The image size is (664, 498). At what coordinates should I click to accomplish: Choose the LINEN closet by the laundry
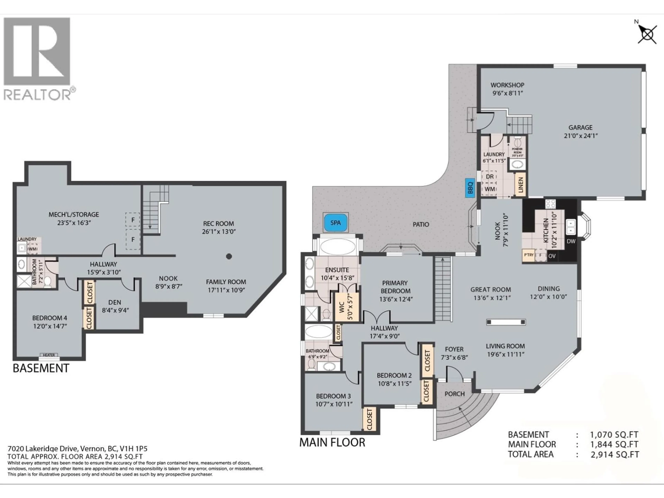coord(520,185)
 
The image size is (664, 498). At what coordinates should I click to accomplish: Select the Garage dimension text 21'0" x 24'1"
coord(580,136)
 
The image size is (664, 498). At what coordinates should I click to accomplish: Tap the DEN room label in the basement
coord(115,302)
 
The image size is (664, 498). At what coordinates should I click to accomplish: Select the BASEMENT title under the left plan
coord(41,368)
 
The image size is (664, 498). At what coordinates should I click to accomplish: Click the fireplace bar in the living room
coord(506,322)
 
